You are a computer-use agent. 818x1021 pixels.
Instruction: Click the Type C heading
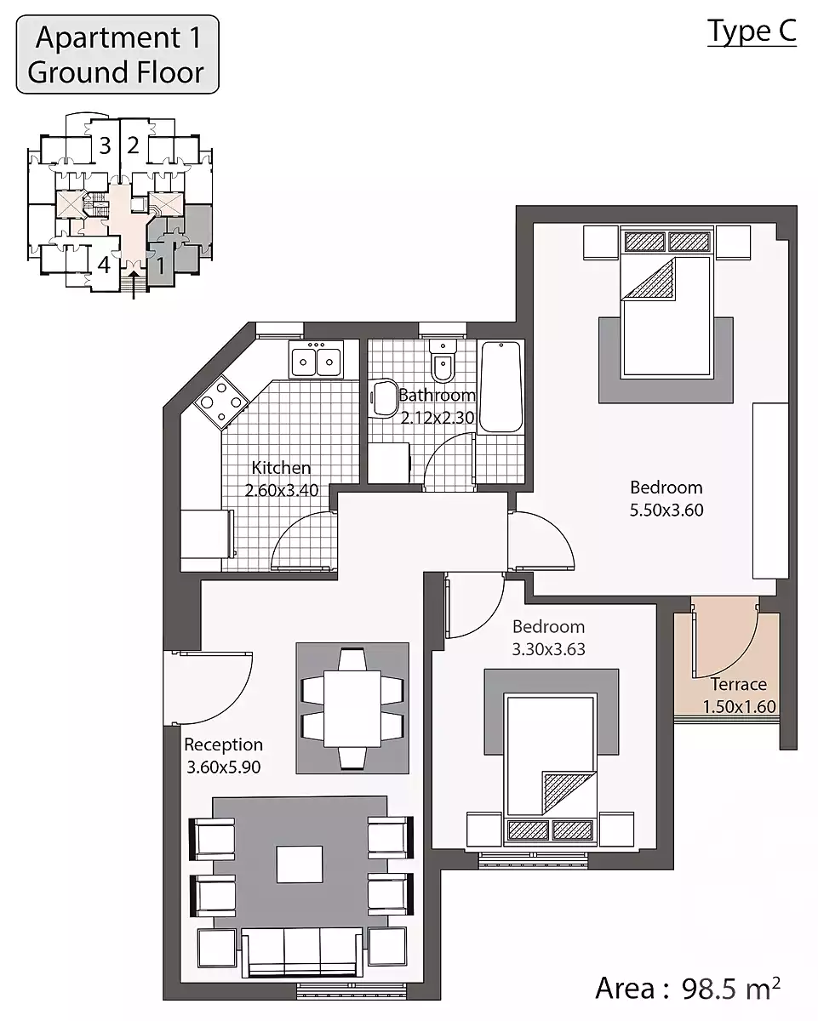[x=752, y=32]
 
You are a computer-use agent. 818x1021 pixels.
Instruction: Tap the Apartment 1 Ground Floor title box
[x=117, y=54]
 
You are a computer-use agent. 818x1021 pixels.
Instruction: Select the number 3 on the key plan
[x=105, y=145]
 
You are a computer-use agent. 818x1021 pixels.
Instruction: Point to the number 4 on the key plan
[x=104, y=265]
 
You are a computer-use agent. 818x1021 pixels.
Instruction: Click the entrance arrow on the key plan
[x=134, y=285]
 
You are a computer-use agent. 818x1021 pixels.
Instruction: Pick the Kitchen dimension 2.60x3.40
[x=282, y=490]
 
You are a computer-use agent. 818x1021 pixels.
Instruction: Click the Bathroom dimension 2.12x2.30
[x=438, y=418]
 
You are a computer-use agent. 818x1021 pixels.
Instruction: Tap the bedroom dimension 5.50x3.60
[x=666, y=510]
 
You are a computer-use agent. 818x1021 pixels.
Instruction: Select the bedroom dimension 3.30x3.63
[x=548, y=649]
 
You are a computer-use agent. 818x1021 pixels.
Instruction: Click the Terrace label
[x=738, y=684]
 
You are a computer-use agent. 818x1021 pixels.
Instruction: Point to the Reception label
[x=223, y=744]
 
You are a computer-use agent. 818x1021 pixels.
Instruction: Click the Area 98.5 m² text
[x=688, y=989]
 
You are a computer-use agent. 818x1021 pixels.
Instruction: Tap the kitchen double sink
[x=316, y=359]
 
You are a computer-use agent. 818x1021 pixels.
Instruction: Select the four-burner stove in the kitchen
[x=221, y=402]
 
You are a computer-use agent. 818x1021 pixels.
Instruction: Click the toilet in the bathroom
[x=443, y=360]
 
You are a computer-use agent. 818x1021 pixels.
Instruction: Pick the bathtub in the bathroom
[x=501, y=387]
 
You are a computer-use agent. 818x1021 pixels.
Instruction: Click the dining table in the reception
[x=352, y=708]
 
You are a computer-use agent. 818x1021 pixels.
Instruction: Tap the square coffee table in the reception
[x=300, y=864]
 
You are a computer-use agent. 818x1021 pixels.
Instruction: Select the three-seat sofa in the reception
[x=302, y=953]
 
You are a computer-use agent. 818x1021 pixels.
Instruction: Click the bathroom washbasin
[x=384, y=398]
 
